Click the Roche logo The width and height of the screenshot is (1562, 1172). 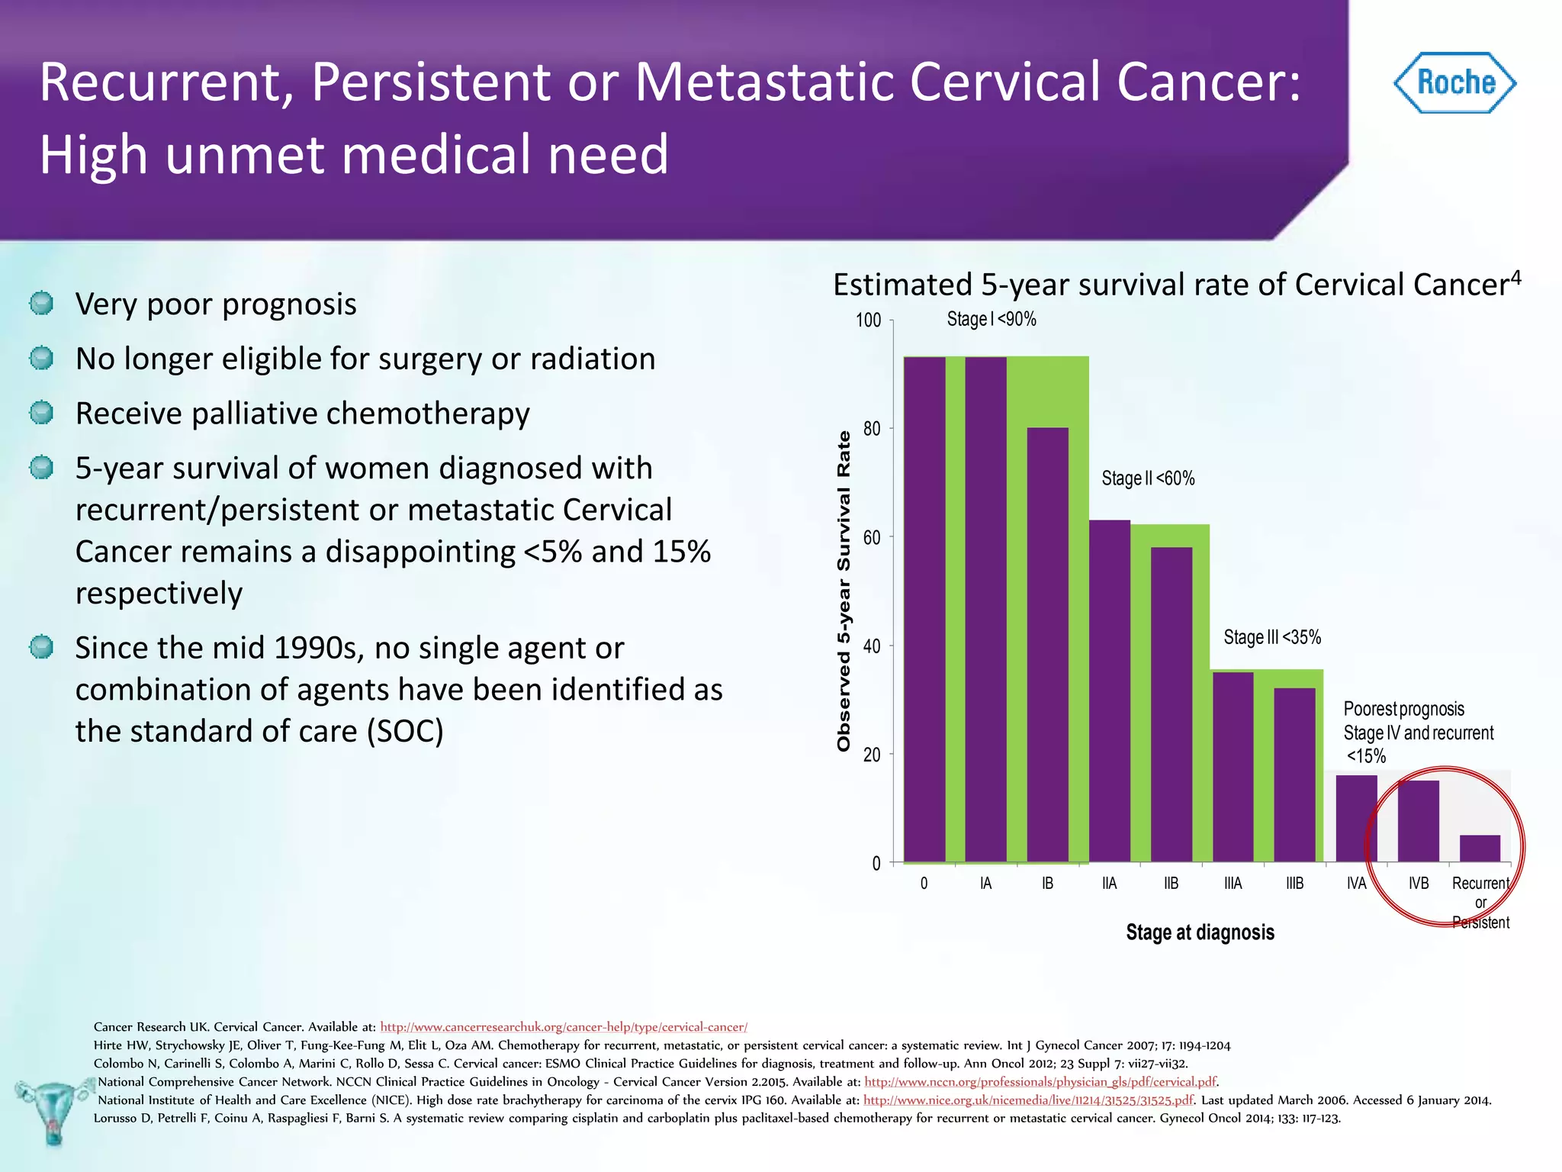tap(1454, 83)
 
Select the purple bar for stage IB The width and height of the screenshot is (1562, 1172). tap(1047, 645)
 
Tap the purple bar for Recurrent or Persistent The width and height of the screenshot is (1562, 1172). tap(1480, 848)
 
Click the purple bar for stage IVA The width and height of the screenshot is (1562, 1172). tap(1356, 818)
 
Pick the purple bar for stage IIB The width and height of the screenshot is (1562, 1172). tap(1171, 704)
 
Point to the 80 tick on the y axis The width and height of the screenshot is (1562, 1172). tap(872, 429)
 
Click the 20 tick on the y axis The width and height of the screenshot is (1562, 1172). tap(872, 755)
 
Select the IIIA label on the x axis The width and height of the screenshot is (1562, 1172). tap(1233, 884)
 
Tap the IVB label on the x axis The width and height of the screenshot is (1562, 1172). tap(1418, 884)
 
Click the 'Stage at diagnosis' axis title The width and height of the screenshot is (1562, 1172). tap(1200, 932)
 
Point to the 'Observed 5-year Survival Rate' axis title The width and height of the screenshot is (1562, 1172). tap(844, 591)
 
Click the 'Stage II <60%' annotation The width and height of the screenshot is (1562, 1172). tap(1148, 478)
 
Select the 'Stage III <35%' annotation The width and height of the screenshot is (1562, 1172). tap(1272, 637)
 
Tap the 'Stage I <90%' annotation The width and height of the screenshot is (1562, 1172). tap(992, 319)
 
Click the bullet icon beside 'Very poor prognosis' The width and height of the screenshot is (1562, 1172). tap(41, 304)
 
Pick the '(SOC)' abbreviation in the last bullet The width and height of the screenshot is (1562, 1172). tap(405, 731)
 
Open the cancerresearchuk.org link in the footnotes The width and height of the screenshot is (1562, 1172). tap(564, 1027)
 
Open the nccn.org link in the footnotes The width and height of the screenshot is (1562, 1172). tap(1040, 1082)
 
